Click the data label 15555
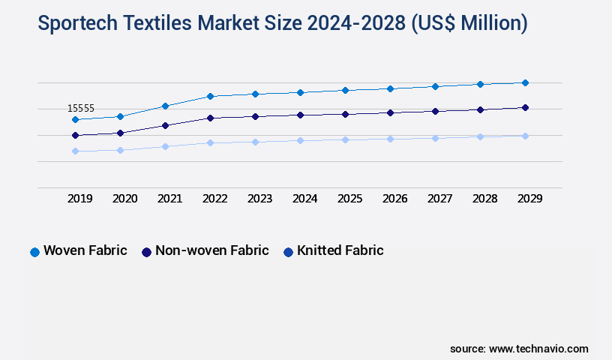pyautogui.click(x=80, y=109)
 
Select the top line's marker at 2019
pyautogui.click(x=75, y=119)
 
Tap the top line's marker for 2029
pyautogui.click(x=525, y=82)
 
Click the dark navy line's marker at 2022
pyautogui.click(x=210, y=118)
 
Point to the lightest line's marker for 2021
pyautogui.click(x=165, y=146)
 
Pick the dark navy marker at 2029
pyautogui.click(x=525, y=107)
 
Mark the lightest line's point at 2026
pyautogui.click(x=390, y=139)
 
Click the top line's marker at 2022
pyautogui.click(x=210, y=96)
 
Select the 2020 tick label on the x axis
pyautogui.click(x=124, y=199)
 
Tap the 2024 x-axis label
pyautogui.click(x=304, y=199)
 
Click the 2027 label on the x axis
pyautogui.click(x=439, y=199)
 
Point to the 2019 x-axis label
pyautogui.click(x=79, y=199)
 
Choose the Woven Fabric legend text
pyautogui.click(x=85, y=250)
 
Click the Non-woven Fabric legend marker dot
pyautogui.click(x=146, y=252)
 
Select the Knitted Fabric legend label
pyautogui.click(x=340, y=250)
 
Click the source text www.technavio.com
pyautogui.click(x=538, y=349)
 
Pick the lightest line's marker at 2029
pyautogui.click(x=525, y=136)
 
